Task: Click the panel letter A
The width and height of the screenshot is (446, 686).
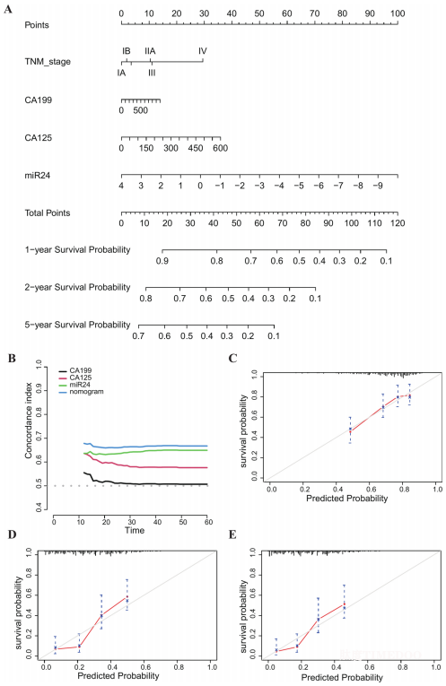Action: click(8, 9)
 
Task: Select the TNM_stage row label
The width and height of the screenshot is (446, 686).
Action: click(48, 62)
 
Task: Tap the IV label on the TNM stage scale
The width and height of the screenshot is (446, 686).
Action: click(202, 51)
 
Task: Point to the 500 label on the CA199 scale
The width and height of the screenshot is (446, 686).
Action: click(141, 110)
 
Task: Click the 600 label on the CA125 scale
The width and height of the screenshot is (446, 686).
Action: click(220, 148)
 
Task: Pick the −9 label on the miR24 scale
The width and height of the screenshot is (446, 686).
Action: click(378, 186)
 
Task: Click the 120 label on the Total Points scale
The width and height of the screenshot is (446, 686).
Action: click(398, 223)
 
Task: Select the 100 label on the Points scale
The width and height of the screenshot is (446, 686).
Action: click(398, 13)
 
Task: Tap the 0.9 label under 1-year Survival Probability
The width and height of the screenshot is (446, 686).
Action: click(162, 261)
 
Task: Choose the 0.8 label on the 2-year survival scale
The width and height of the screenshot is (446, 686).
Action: click(145, 299)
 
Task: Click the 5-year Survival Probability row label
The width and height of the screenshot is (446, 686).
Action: click(77, 325)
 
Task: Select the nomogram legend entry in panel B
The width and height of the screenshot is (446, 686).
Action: click(86, 392)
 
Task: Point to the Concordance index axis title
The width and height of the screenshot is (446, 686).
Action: click(29, 421)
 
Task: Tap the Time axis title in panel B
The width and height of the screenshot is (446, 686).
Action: click(135, 530)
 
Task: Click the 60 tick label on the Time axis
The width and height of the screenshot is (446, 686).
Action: click(209, 522)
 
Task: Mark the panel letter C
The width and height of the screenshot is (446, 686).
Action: click(232, 359)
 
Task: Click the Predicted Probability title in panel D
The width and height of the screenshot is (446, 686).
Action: click(118, 676)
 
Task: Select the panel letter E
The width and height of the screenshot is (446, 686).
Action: click(232, 534)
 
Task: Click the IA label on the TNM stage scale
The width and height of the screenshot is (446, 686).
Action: click(121, 73)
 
